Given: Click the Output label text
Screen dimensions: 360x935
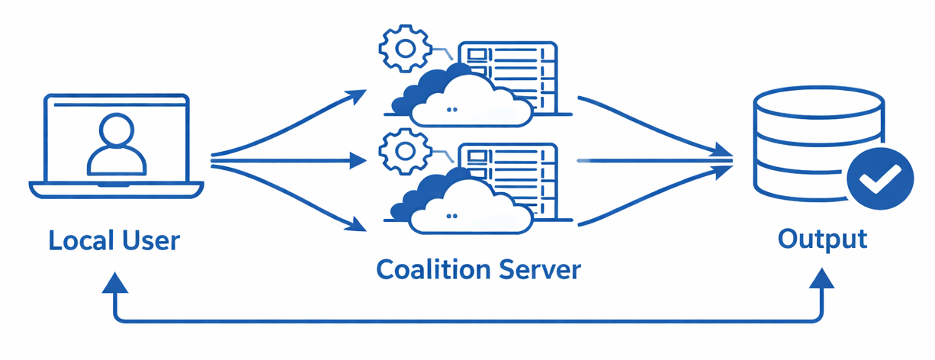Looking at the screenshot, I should (821, 239).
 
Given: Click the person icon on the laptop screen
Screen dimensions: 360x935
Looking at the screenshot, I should (116, 145).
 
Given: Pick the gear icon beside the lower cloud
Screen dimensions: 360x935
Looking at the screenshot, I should (403, 152).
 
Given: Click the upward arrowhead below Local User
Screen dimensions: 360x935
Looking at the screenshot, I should (115, 284).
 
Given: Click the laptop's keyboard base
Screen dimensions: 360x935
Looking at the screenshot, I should (116, 188).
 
